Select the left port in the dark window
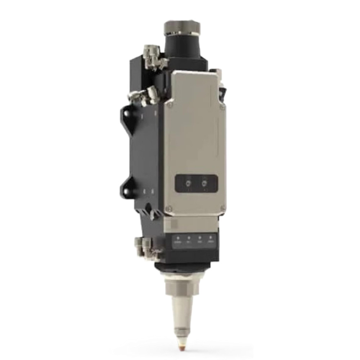pos(188,184)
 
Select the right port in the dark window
pos(205,184)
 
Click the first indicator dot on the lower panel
pos(177,238)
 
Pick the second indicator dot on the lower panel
pos(188,238)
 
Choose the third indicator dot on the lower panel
pos(199,238)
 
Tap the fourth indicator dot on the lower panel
pos(211,238)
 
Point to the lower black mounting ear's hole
pos(126,188)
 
